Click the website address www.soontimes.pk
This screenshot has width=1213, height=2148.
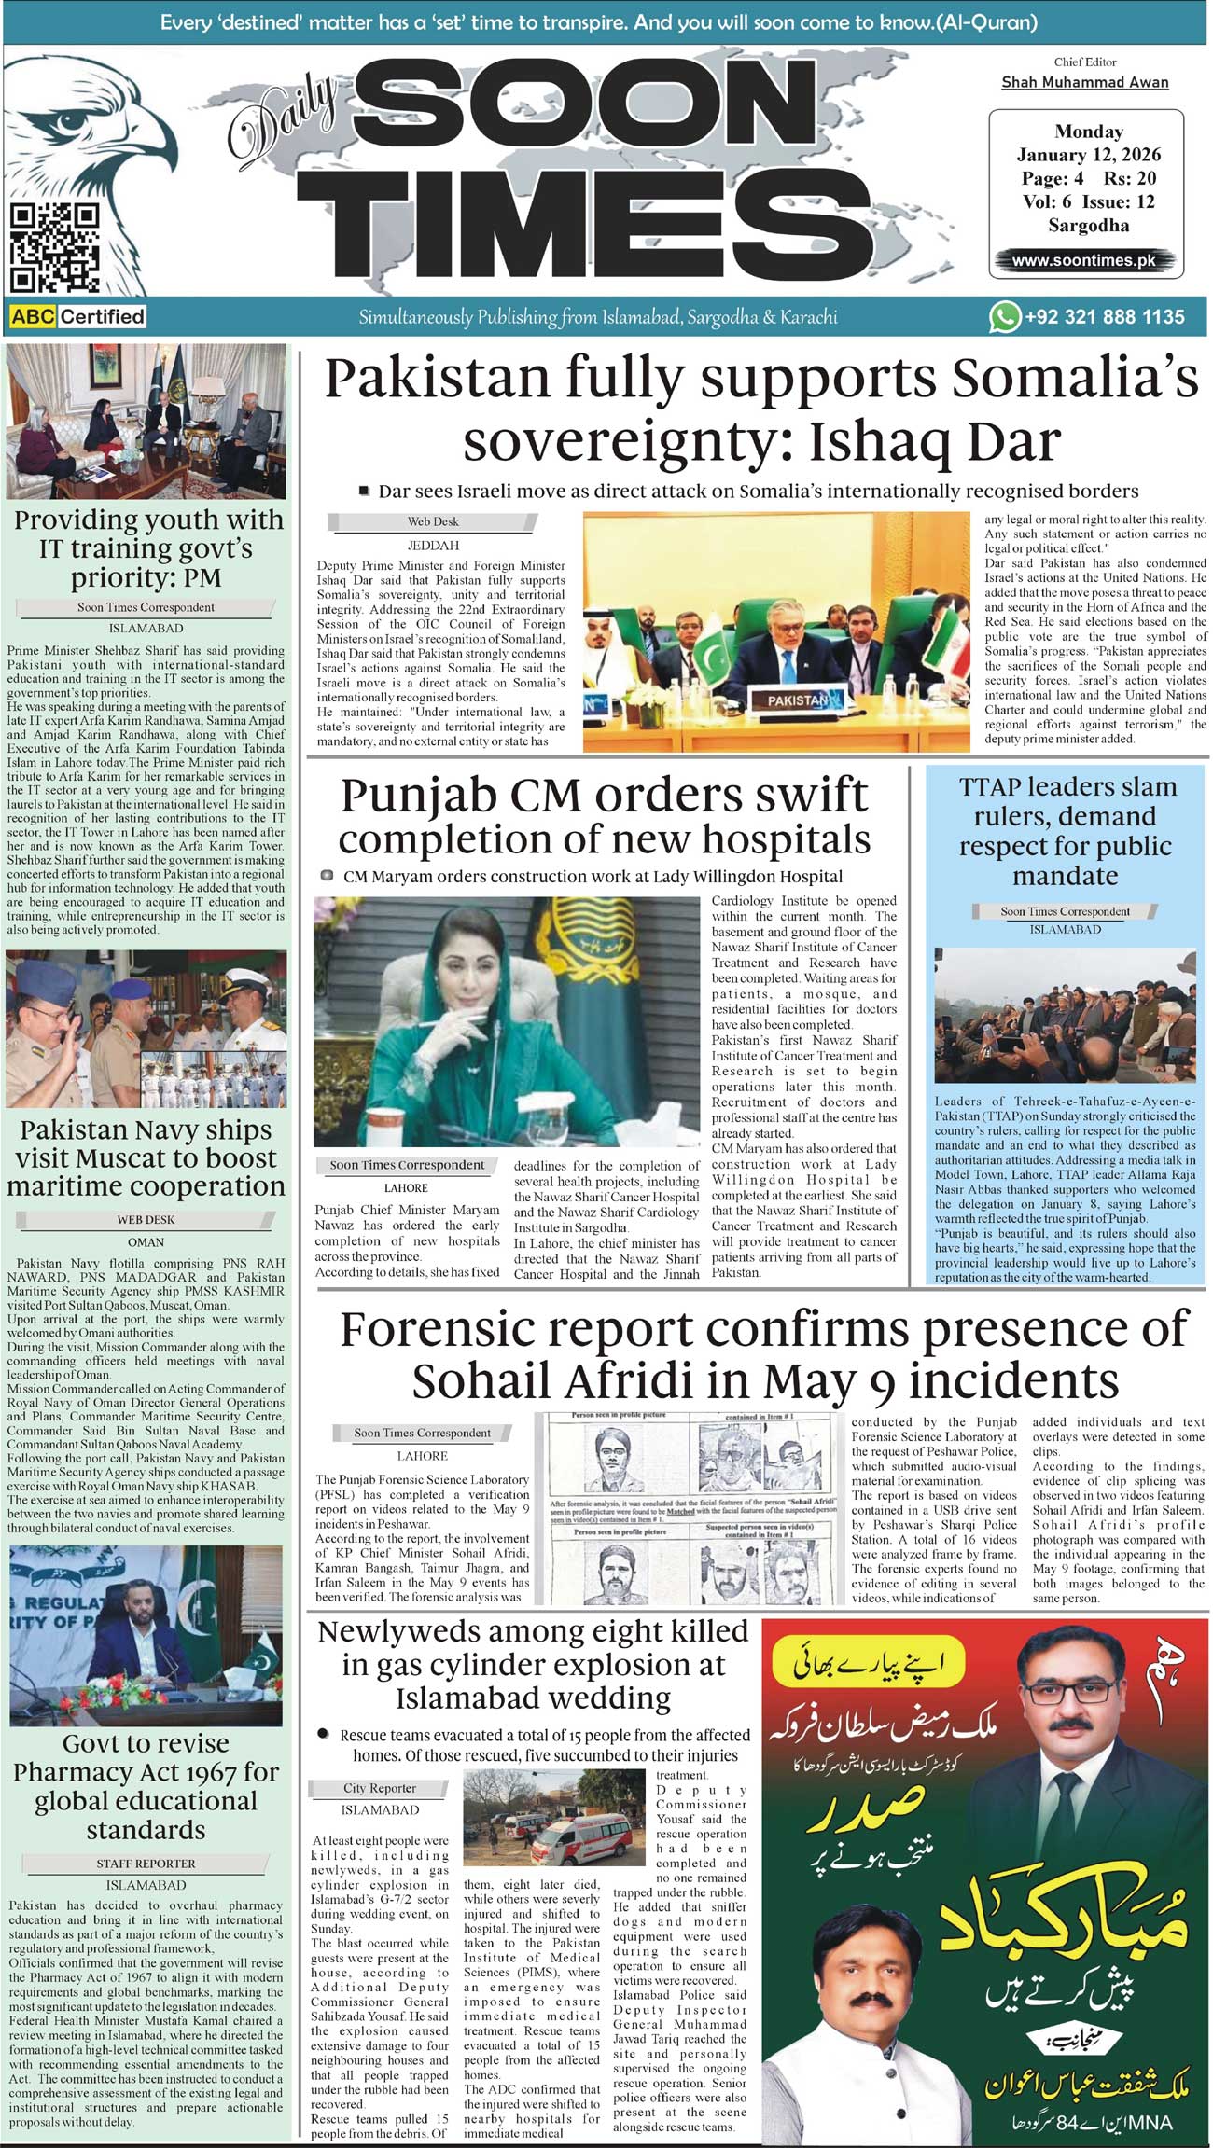[x=1083, y=261]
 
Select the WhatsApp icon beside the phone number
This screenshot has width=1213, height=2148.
[x=1004, y=317]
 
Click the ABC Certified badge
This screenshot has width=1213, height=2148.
[x=78, y=317]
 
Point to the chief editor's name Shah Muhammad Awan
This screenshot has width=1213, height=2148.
[x=1084, y=82]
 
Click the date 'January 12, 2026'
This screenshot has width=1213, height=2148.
[x=1088, y=155]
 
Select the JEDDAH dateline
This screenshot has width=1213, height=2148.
[x=433, y=546]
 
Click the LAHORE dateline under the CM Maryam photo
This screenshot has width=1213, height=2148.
[x=406, y=1188]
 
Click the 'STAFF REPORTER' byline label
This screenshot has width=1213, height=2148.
[x=146, y=1864]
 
